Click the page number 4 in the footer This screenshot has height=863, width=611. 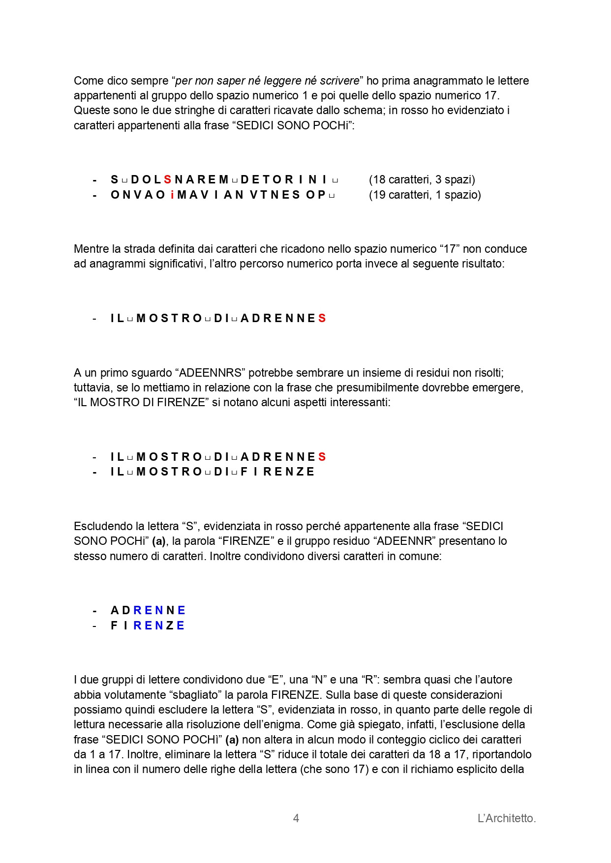point(296,818)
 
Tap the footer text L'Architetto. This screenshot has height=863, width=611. point(506,818)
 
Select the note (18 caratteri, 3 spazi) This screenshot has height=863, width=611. point(422,179)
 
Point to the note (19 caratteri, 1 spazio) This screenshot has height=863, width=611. point(425,195)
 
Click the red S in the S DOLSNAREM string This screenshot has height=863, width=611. point(168,179)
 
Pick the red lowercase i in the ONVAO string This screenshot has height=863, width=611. point(172,195)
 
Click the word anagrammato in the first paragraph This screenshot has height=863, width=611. point(451,81)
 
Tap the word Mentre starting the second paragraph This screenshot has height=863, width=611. point(92,249)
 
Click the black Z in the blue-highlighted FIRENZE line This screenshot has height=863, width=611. point(170,625)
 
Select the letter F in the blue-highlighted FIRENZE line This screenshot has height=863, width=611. point(114,625)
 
